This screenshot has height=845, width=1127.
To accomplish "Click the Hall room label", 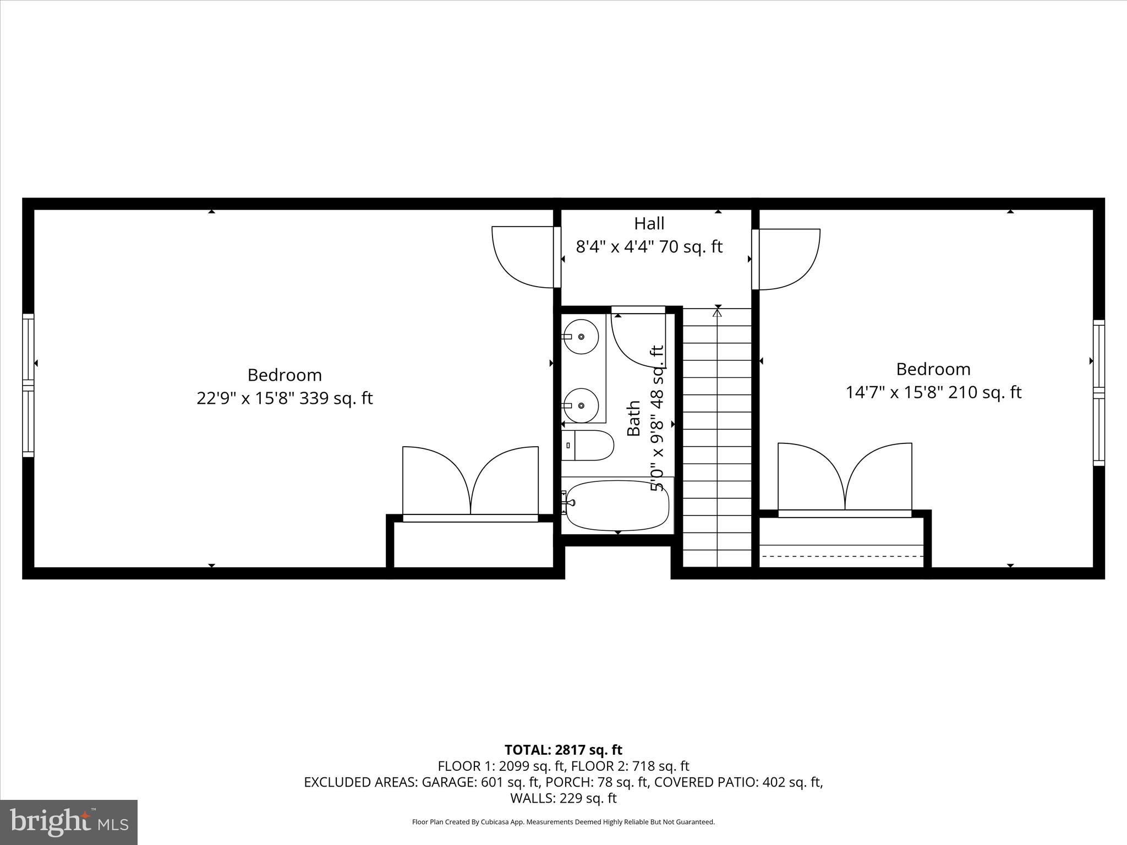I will click(x=649, y=223).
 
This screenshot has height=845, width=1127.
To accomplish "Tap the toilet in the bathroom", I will click(x=588, y=445).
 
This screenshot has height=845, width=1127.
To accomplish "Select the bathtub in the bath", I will click(x=617, y=505).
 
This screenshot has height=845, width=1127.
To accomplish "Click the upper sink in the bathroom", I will click(x=581, y=336).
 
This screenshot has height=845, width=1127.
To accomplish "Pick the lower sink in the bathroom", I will click(x=581, y=405).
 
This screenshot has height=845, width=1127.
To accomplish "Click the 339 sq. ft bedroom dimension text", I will click(x=285, y=398).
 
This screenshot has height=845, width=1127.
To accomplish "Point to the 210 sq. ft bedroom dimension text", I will click(x=933, y=392).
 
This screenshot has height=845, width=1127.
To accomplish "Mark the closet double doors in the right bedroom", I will click(x=845, y=479).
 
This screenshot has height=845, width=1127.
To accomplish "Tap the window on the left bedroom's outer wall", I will click(x=28, y=385).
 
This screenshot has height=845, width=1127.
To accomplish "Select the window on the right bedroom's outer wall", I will click(x=1098, y=392).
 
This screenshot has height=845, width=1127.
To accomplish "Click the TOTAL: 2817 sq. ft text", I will click(x=563, y=750).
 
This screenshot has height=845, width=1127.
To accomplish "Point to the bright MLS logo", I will click(x=69, y=822).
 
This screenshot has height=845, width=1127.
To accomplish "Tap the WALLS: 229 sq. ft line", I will click(x=563, y=798).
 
